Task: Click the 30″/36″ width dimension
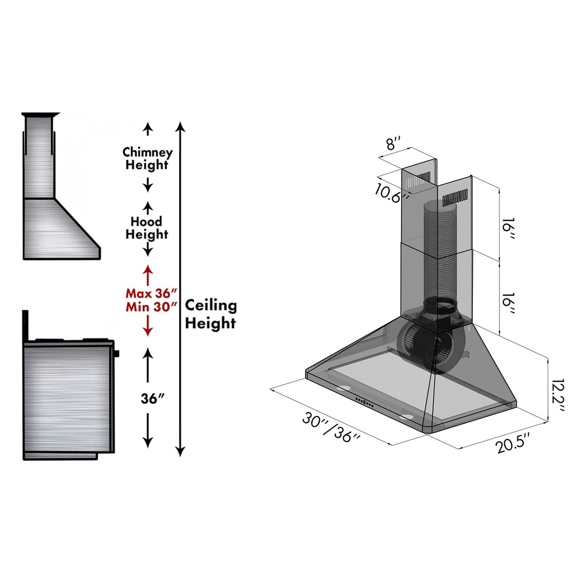332,427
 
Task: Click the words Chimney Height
147,159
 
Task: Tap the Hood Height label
147,228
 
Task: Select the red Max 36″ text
151,293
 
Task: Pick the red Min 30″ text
152,307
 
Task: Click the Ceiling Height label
211,314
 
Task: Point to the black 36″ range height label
153,399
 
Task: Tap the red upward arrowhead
148,269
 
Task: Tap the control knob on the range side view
116,353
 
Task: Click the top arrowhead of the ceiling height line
180,126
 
